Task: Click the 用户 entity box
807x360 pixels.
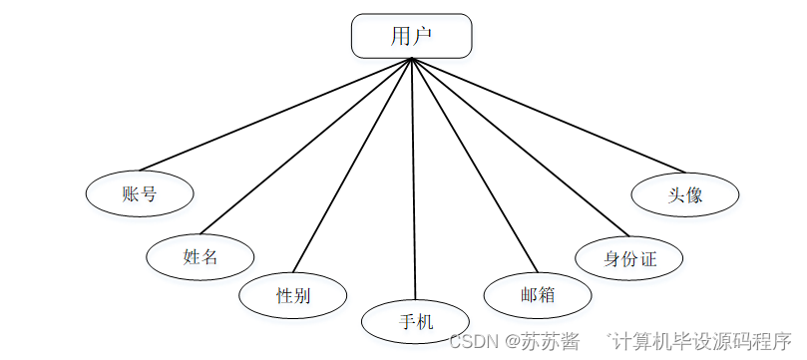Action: [411, 36]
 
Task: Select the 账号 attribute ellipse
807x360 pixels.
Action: [139, 193]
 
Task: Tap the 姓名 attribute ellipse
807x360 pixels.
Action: [200, 256]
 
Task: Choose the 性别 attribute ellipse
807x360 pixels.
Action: [292, 295]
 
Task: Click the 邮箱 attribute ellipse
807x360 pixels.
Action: [537, 295]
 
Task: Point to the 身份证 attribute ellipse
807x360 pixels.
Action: [629, 259]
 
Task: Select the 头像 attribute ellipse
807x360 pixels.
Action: [685, 194]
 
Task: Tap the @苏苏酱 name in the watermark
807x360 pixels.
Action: [543, 341]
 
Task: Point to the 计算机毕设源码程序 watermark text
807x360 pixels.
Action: [702, 341]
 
